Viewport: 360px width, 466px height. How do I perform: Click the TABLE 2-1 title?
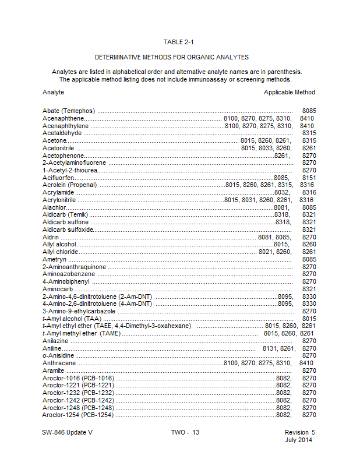(x=179, y=42)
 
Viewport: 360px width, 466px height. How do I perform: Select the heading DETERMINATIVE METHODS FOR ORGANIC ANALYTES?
(x=172, y=57)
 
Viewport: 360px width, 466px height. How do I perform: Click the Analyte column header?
(x=53, y=92)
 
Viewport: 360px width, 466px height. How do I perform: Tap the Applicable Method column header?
(x=289, y=92)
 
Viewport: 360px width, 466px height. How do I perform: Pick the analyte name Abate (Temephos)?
(x=69, y=111)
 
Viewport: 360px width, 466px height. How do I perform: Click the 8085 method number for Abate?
(x=309, y=111)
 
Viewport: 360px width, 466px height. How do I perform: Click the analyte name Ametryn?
(x=54, y=259)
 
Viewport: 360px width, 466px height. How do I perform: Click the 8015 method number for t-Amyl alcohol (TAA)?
(x=309, y=319)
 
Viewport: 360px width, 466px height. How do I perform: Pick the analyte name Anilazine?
(x=56, y=341)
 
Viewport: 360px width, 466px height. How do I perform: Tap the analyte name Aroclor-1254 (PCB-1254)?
(x=78, y=415)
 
